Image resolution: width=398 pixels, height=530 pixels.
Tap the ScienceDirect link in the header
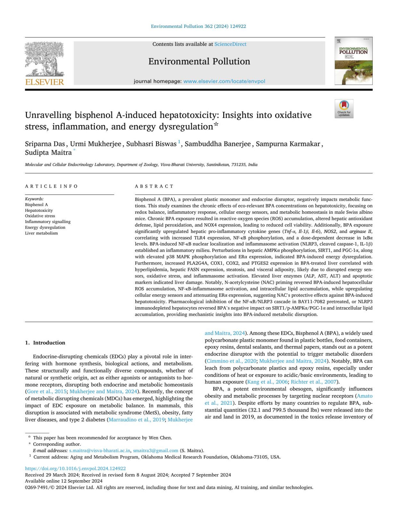pos(230,44)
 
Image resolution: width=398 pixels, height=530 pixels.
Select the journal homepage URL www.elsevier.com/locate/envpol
pos(224,81)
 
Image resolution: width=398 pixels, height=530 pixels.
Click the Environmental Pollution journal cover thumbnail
pos(353,61)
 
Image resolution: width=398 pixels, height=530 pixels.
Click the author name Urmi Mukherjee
pos(96,144)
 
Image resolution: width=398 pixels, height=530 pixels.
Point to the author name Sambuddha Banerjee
pos(218,144)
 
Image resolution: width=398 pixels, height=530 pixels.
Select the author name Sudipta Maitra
pos(48,152)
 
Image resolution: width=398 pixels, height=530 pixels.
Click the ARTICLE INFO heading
pos(51,186)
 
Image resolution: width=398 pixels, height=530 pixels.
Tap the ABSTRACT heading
pos(154,186)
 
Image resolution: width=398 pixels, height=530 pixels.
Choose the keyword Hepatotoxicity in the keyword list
pos(39,210)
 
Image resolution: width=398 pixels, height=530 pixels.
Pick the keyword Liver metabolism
pos(41,233)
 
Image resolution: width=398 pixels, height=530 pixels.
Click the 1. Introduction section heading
pos(45,343)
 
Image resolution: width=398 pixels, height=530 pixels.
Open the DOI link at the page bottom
pos(75,468)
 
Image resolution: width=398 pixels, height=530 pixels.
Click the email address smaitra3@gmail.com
pos(156,450)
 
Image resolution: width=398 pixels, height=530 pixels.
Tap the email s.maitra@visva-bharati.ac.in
pos(99,450)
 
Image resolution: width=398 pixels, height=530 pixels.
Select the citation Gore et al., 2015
pos(47,391)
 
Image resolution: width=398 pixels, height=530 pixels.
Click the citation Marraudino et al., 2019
pos(137,420)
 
